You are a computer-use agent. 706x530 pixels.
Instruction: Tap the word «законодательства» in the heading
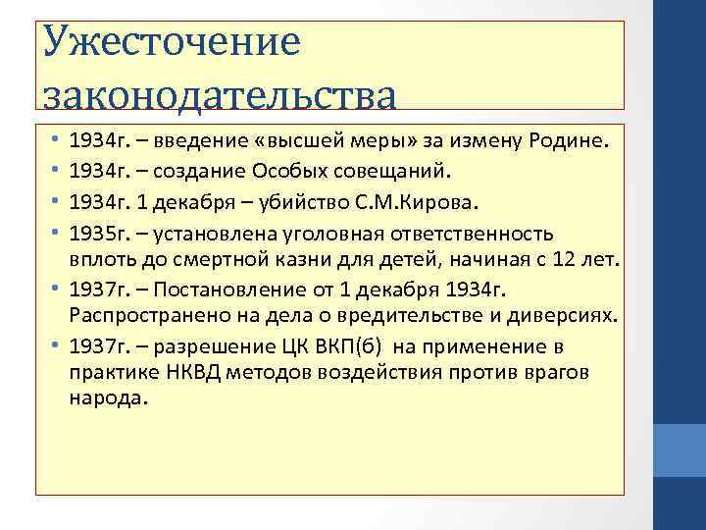[x=221, y=96]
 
